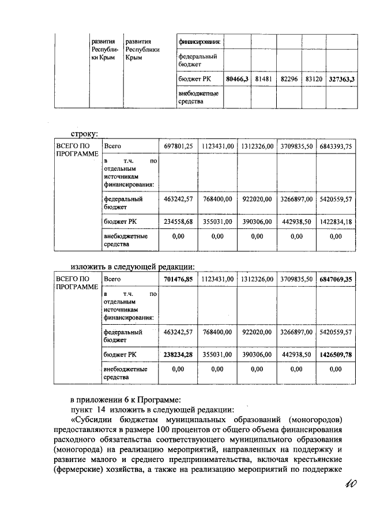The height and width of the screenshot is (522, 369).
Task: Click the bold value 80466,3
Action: [236, 78]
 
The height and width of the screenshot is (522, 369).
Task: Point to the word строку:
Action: [84, 134]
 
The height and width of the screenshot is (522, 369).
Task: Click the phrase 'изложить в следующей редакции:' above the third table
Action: [133, 266]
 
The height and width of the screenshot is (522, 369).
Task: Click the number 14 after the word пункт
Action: [101, 410]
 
